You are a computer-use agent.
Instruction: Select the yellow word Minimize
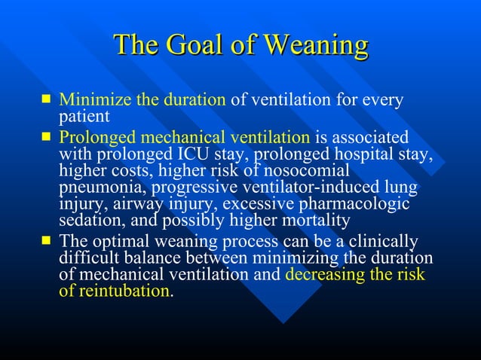(x=90, y=100)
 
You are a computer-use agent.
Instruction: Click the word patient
(x=84, y=117)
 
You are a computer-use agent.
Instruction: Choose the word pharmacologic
(x=355, y=204)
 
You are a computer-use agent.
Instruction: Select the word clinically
(x=379, y=242)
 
